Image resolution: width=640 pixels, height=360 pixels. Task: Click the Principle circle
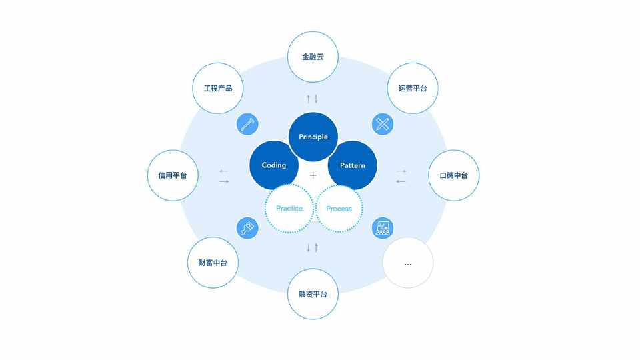click(x=313, y=137)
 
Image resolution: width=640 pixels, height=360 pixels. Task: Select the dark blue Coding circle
click(x=274, y=165)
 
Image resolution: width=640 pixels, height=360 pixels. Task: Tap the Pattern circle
click(x=352, y=165)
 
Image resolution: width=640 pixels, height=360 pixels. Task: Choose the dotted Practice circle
click(x=289, y=209)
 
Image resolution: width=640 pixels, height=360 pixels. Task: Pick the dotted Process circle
click(x=339, y=209)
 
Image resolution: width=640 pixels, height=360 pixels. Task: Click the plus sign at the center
click(x=313, y=175)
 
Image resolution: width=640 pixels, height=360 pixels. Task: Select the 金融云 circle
click(x=313, y=57)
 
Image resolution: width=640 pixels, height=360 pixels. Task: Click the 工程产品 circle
click(x=218, y=88)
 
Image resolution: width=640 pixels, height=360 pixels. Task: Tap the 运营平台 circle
click(x=413, y=88)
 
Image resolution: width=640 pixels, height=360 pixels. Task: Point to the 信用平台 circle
click(x=173, y=175)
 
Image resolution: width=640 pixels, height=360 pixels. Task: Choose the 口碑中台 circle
click(x=454, y=175)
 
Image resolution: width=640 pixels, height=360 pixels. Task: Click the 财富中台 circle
click(x=213, y=263)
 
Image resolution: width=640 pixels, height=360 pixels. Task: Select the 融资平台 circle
click(x=313, y=294)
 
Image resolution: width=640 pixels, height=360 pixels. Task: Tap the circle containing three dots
click(x=408, y=263)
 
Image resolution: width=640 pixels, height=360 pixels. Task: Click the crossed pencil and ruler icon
click(x=383, y=124)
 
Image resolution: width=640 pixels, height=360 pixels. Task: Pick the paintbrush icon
click(x=247, y=228)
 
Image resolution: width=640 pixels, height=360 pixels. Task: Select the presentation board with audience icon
click(x=383, y=228)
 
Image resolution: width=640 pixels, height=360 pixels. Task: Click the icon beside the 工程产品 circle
click(x=247, y=124)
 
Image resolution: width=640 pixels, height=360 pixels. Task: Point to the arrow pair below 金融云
click(x=312, y=99)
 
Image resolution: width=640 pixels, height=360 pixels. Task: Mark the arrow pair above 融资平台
click(x=312, y=247)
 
